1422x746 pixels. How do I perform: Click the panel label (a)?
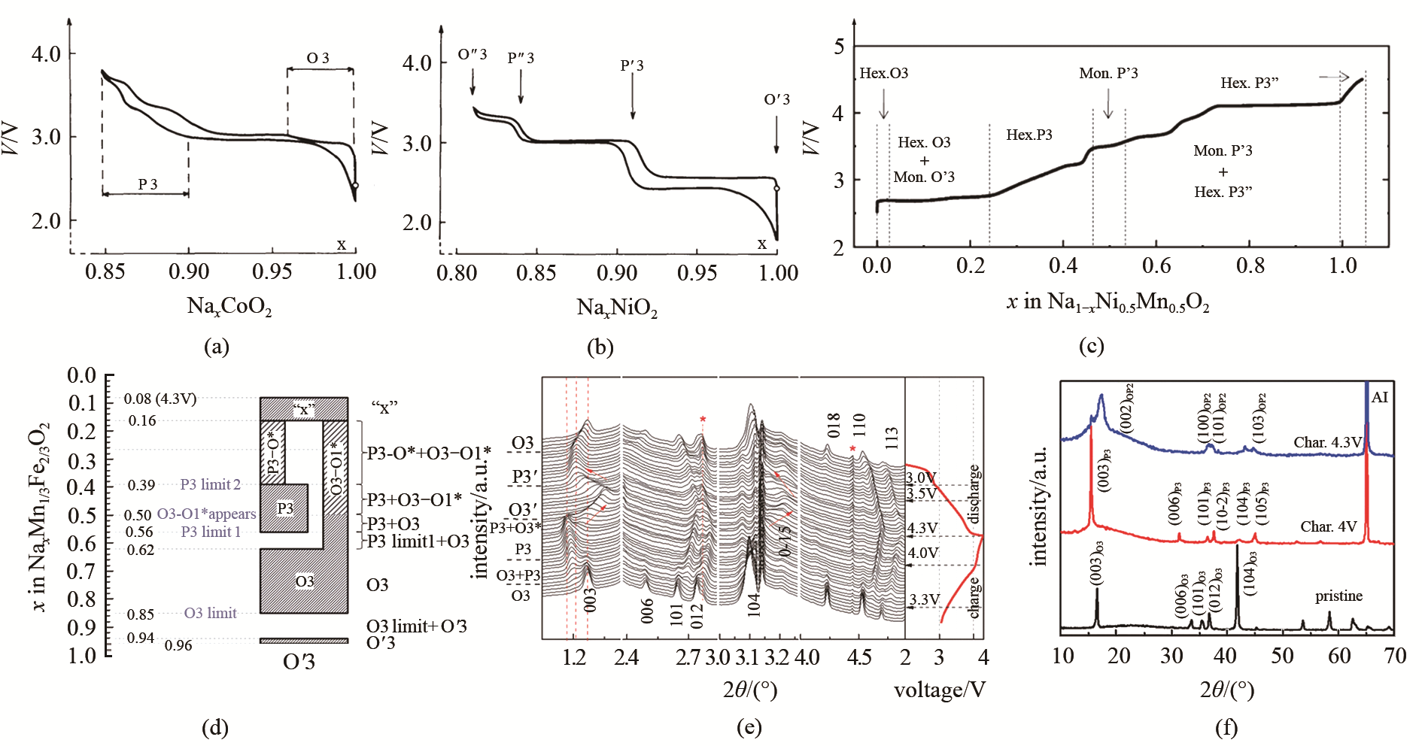pyautogui.click(x=217, y=347)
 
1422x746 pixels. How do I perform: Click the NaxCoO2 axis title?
pyautogui.click(x=229, y=306)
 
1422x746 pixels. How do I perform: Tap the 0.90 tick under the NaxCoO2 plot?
pyautogui.click(x=189, y=271)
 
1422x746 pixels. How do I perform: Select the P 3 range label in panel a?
pyautogui.click(x=147, y=184)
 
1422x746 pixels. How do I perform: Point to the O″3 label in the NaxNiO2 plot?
pyautogui.click(x=472, y=55)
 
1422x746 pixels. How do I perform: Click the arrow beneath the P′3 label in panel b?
pyautogui.click(x=633, y=97)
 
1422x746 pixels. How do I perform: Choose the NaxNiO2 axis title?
pyautogui.click(x=617, y=308)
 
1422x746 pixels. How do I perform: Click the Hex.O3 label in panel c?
pyautogui.click(x=883, y=74)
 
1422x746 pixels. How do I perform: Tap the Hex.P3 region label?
pyautogui.click(x=1029, y=135)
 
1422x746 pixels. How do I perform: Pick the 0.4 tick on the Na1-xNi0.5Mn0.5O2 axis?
pyautogui.click(x=1063, y=265)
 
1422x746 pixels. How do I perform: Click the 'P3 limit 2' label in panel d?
pyautogui.click(x=210, y=484)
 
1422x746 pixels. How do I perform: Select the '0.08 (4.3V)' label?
pyautogui.click(x=160, y=399)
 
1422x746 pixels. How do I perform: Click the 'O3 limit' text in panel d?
pyautogui.click(x=210, y=613)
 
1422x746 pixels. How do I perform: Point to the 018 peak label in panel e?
pyautogui.click(x=833, y=426)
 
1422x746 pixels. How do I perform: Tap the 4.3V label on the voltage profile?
pyautogui.click(x=922, y=528)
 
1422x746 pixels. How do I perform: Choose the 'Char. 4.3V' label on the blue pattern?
pyautogui.click(x=1327, y=442)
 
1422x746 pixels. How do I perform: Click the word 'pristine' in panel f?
pyautogui.click(x=1338, y=596)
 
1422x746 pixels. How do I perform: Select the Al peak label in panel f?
pyautogui.click(x=1379, y=397)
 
